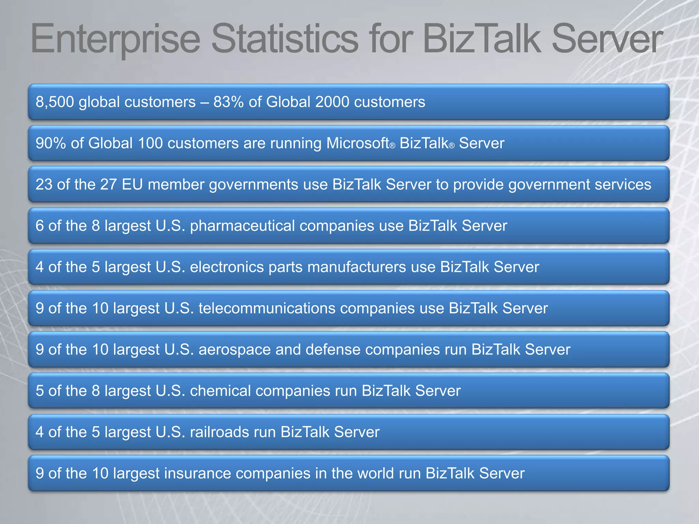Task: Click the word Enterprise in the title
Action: [x=115, y=39]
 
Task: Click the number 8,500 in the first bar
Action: [x=55, y=102]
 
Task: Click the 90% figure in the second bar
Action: [x=51, y=143]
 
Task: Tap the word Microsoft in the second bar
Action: [x=358, y=143]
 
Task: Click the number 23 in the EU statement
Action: [x=44, y=185]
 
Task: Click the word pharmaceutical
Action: [x=242, y=226]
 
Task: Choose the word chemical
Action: [x=220, y=391]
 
